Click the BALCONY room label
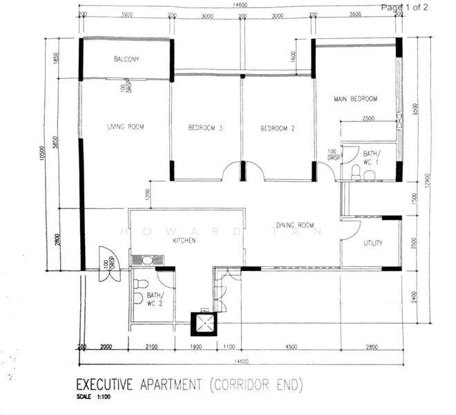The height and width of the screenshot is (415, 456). tap(126, 59)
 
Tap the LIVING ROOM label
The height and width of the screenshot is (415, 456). tap(125, 127)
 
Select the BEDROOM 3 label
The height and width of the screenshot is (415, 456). tap(205, 128)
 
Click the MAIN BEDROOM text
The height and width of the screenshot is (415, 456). tap(355, 98)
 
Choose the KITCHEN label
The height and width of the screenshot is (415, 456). tap(184, 241)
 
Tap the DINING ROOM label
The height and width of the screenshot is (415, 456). tap(295, 225)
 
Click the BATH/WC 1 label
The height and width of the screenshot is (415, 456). tap(371, 157)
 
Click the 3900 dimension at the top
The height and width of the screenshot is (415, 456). tap(127, 15)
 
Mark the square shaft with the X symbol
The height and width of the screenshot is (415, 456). tap(203, 324)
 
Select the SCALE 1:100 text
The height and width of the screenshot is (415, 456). tap(91, 397)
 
